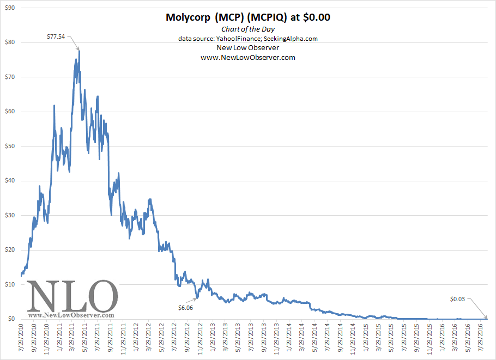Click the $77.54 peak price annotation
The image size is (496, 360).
click(x=57, y=36)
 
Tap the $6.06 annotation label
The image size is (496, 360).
click(x=186, y=307)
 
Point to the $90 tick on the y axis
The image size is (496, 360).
click(x=10, y=8)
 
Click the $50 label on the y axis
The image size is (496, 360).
click(x=10, y=146)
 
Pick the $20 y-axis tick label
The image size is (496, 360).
click(x=10, y=249)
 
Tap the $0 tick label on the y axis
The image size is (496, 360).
click(x=12, y=319)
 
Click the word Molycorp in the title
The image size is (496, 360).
click(x=189, y=17)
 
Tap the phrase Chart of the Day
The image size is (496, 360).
click(x=247, y=29)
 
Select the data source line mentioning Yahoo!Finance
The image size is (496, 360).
click(x=247, y=39)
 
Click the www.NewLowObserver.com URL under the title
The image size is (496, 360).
click(x=247, y=57)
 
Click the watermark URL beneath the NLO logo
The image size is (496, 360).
click(x=71, y=315)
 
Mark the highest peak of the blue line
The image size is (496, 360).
click(x=80, y=51)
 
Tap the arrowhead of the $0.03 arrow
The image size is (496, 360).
click(x=487, y=318)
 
